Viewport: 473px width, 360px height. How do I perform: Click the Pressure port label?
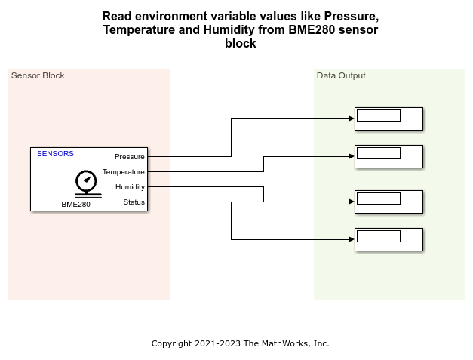tap(129, 157)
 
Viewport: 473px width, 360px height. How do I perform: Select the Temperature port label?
tap(123, 172)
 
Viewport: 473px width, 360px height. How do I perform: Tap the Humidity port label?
tap(130, 186)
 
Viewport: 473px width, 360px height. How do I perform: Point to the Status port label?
tap(134, 202)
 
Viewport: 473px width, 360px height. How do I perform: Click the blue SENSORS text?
tap(56, 153)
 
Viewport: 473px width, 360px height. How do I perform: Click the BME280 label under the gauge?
tap(76, 204)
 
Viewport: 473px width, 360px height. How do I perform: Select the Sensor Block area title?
tap(38, 75)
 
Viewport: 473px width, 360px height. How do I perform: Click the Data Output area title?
tap(341, 75)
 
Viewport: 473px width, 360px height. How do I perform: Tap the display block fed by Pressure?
tap(389, 118)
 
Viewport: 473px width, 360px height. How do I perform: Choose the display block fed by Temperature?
tap(389, 156)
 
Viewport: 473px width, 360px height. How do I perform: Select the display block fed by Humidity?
tap(389, 202)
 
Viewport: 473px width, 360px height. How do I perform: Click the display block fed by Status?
tap(389, 239)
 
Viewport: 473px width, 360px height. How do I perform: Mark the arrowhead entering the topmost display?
tap(351, 118)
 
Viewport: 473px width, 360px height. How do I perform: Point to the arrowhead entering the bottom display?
tap(351, 239)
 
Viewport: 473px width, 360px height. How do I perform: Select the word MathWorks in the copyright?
tap(284, 343)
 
